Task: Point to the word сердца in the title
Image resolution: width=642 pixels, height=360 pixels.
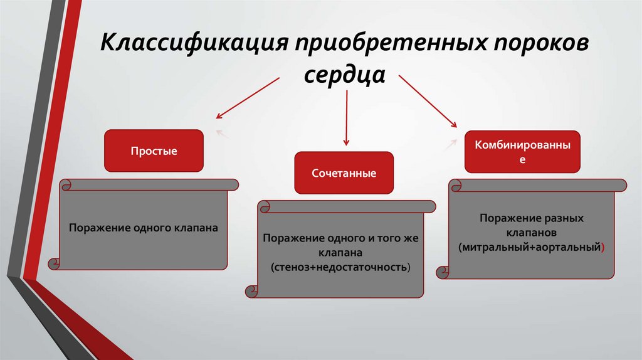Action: click(x=344, y=76)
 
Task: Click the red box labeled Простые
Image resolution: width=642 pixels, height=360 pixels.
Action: click(x=154, y=151)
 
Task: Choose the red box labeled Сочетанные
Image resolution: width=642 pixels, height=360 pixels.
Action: click(x=344, y=172)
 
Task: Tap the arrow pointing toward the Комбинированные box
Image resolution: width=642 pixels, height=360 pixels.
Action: click(x=429, y=102)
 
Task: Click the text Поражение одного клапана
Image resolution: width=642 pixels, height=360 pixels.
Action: click(x=144, y=228)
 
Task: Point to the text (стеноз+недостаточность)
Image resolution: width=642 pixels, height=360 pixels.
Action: click(x=340, y=267)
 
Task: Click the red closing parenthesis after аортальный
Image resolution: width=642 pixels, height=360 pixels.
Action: click(x=603, y=247)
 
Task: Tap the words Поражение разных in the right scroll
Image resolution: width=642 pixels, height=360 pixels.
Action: click(x=532, y=219)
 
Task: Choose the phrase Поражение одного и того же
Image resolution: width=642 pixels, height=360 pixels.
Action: click(x=340, y=239)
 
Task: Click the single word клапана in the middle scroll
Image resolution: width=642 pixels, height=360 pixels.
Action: click(x=340, y=253)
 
